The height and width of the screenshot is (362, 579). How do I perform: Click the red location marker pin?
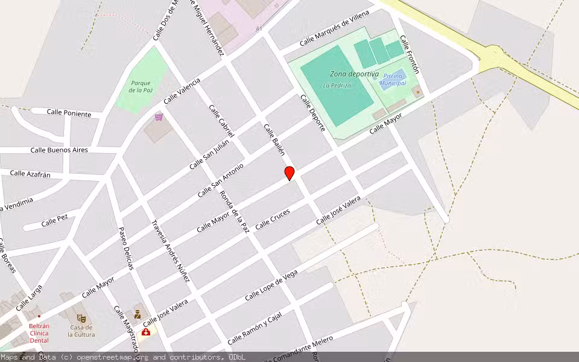(289, 173)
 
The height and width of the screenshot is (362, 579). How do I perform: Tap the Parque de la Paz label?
(140, 86)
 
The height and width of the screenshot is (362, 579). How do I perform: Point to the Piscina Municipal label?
(393, 80)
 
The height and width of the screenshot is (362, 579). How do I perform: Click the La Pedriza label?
(337, 86)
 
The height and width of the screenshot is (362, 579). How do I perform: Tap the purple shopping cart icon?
(159, 116)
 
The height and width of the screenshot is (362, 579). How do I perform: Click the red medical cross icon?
(146, 332)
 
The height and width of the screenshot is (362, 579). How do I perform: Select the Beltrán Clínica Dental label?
(39, 333)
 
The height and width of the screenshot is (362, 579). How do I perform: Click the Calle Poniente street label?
(69, 113)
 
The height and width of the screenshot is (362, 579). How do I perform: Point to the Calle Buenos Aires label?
(59, 150)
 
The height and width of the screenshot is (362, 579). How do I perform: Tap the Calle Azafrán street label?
(30, 174)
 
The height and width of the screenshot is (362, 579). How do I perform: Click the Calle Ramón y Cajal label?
(255, 329)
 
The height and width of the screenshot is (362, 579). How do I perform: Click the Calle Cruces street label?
(272, 219)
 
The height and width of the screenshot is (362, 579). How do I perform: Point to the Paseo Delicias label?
(125, 247)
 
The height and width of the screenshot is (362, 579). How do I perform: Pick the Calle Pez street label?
(54, 221)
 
